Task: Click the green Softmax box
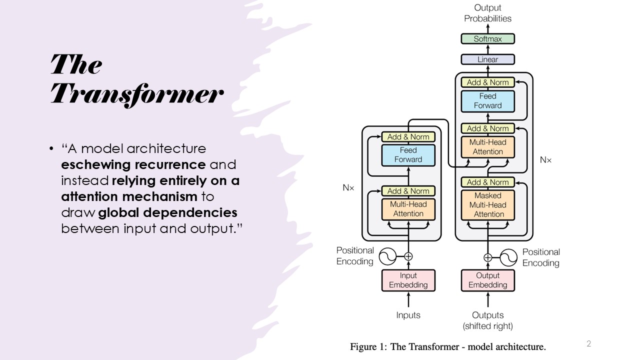click(x=487, y=38)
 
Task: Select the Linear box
click(x=487, y=59)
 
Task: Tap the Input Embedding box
click(x=408, y=280)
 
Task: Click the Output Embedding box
click(x=487, y=280)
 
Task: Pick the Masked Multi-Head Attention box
click(x=487, y=205)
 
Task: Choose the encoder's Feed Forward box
click(x=408, y=155)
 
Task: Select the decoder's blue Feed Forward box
click(x=487, y=101)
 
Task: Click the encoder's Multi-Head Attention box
click(x=408, y=209)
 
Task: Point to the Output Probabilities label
click(x=487, y=13)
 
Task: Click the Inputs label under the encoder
click(x=408, y=315)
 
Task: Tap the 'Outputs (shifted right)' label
click(x=487, y=320)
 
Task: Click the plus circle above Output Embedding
click(x=488, y=257)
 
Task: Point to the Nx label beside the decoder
click(x=545, y=160)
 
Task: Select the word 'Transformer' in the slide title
click(x=136, y=93)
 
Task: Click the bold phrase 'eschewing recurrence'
click(x=133, y=164)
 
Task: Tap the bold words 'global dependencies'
click(x=167, y=212)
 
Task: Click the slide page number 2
click(x=588, y=343)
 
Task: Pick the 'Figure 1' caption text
click(x=447, y=346)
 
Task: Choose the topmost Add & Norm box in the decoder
click(x=487, y=82)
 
